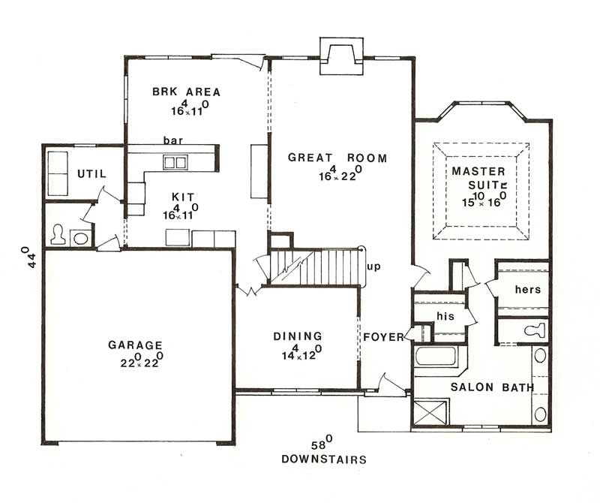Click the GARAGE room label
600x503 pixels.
pos(135,345)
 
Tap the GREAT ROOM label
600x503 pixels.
pos(337,158)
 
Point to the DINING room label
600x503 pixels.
pos(298,336)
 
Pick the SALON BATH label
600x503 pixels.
pos(491,387)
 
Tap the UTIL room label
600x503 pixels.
pos(91,174)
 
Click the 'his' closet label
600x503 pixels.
pos(445,316)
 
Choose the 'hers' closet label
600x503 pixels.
pos(527,289)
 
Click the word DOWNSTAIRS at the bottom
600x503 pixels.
pos(324,458)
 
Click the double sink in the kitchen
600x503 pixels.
pos(176,161)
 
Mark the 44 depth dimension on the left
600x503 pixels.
pos(29,259)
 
